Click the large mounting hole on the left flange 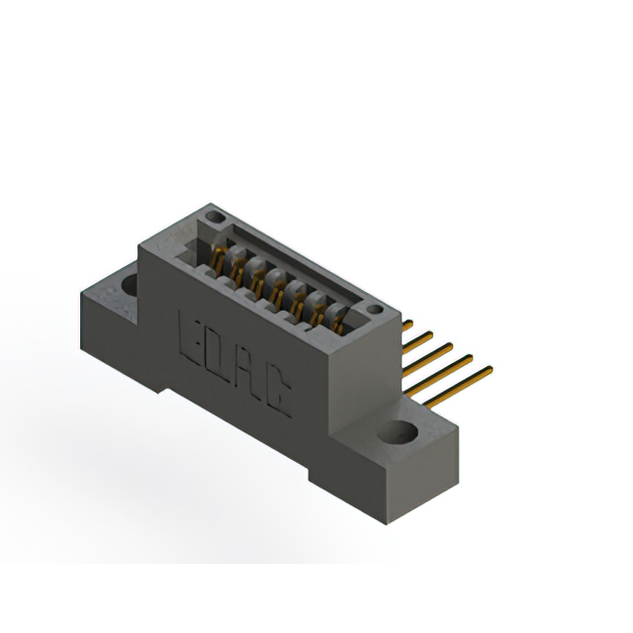(130, 287)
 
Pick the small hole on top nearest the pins (374, 311)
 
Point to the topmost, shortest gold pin (407, 323)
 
